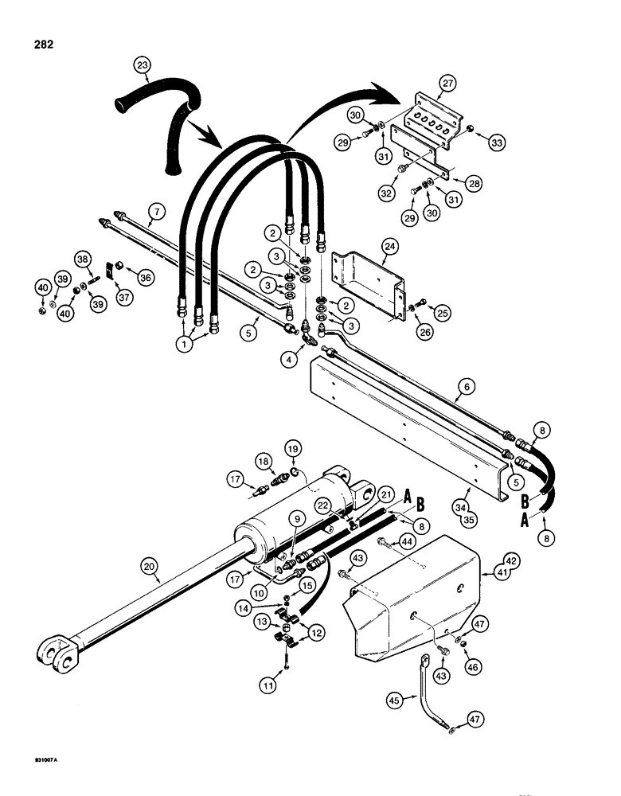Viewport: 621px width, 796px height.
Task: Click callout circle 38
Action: pos(82,258)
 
